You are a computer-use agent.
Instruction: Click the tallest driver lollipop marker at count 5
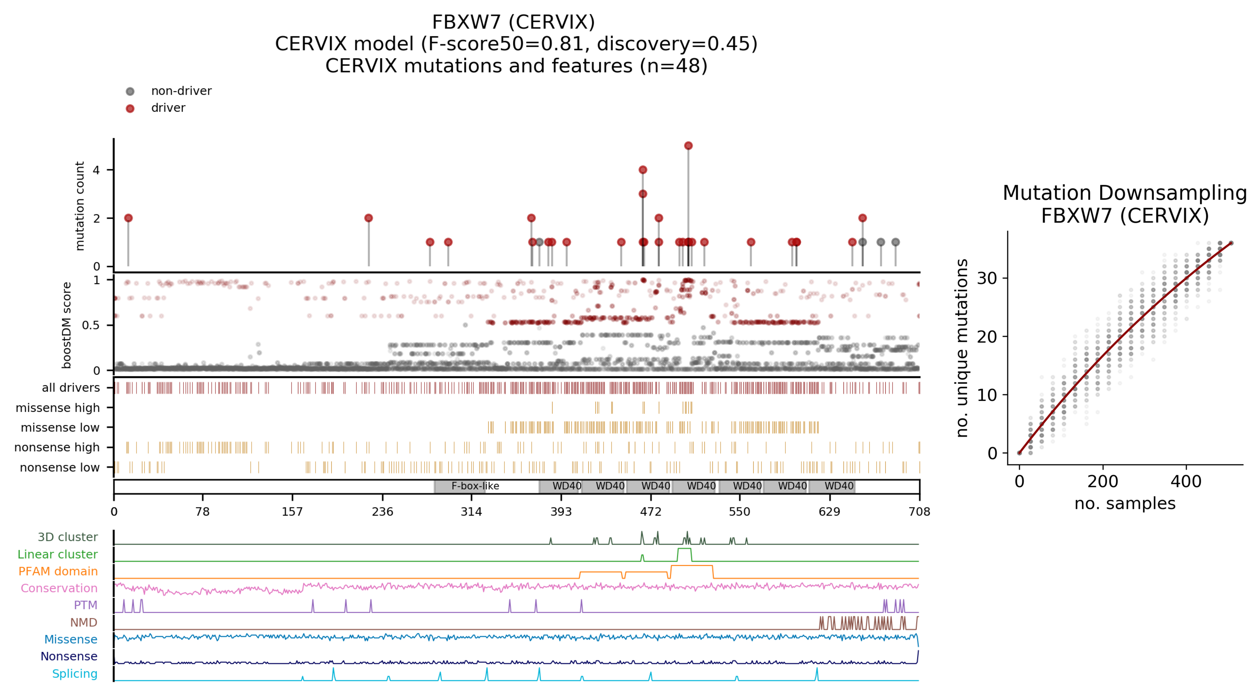(688, 145)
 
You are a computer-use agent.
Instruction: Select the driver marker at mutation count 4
(643, 170)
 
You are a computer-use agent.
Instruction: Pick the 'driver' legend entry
(168, 108)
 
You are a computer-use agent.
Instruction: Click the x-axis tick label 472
(650, 511)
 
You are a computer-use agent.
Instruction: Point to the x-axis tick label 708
(919, 511)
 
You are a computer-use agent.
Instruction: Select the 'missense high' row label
(58, 407)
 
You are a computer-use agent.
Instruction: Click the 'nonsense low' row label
(60, 468)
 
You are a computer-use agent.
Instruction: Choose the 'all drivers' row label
(71, 387)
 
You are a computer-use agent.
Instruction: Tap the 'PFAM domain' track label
(58, 571)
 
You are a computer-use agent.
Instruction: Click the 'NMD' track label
(84, 622)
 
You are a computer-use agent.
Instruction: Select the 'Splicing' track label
(75, 674)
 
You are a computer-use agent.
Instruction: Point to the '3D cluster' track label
(68, 537)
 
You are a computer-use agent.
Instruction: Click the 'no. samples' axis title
(1125, 503)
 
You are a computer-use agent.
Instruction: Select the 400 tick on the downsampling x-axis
(1186, 482)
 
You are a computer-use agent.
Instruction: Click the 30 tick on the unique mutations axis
(986, 278)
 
